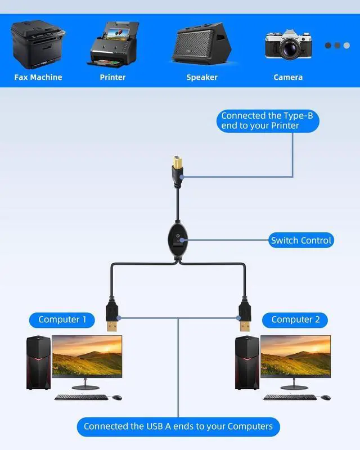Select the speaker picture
point(201,44)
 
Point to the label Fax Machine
point(38,77)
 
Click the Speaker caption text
point(202,77)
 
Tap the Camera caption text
point(288,77)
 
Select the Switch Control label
point(301,240)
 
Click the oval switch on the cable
point(178,241)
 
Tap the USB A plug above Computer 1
point(111,316)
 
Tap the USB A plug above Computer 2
point(245,316)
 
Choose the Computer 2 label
point(295,319)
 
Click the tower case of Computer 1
point(38,362)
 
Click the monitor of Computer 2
point(295,358)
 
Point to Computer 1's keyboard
point(81,397)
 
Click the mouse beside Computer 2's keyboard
point(325,398)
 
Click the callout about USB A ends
point(178,426)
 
